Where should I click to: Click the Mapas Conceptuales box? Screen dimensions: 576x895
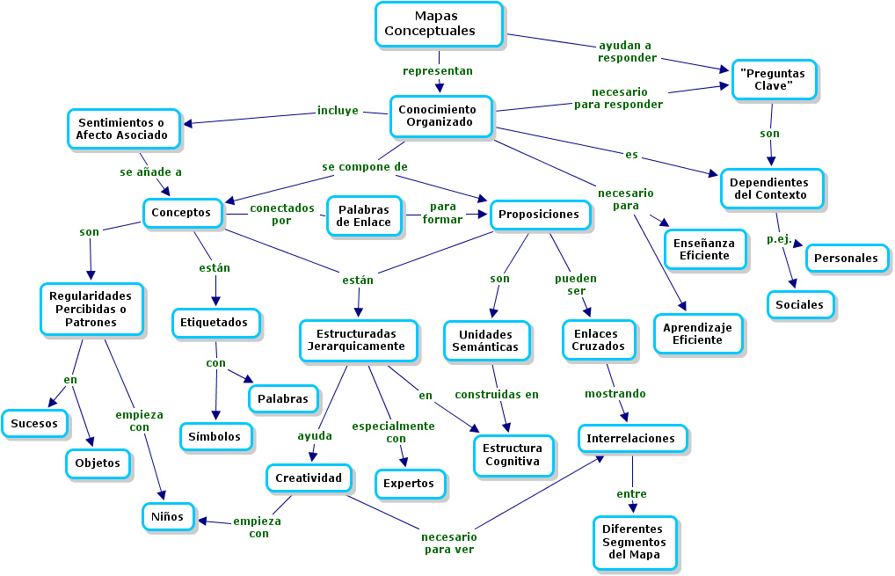[439, 24]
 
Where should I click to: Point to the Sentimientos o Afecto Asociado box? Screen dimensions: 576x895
[123, 128]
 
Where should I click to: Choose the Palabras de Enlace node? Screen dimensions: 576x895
[365, 215]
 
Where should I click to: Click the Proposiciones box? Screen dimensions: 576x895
[538, 214]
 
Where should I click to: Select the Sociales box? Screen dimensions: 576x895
[799, 305]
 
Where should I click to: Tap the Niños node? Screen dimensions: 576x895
[168, 516]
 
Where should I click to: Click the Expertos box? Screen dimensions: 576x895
[409, 483]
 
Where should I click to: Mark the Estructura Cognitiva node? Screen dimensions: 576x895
[513, 455]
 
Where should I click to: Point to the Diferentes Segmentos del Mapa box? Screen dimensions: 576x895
[634, 542]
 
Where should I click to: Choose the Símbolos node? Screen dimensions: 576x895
[215, 436]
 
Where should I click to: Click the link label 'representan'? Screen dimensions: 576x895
[437, 70]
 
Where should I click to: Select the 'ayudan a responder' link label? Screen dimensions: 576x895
[627, 51]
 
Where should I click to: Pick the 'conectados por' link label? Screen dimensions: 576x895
[281, 215]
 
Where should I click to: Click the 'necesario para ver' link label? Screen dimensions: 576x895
[448, 543]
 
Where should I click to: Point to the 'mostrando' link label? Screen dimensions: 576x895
[615, 393]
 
